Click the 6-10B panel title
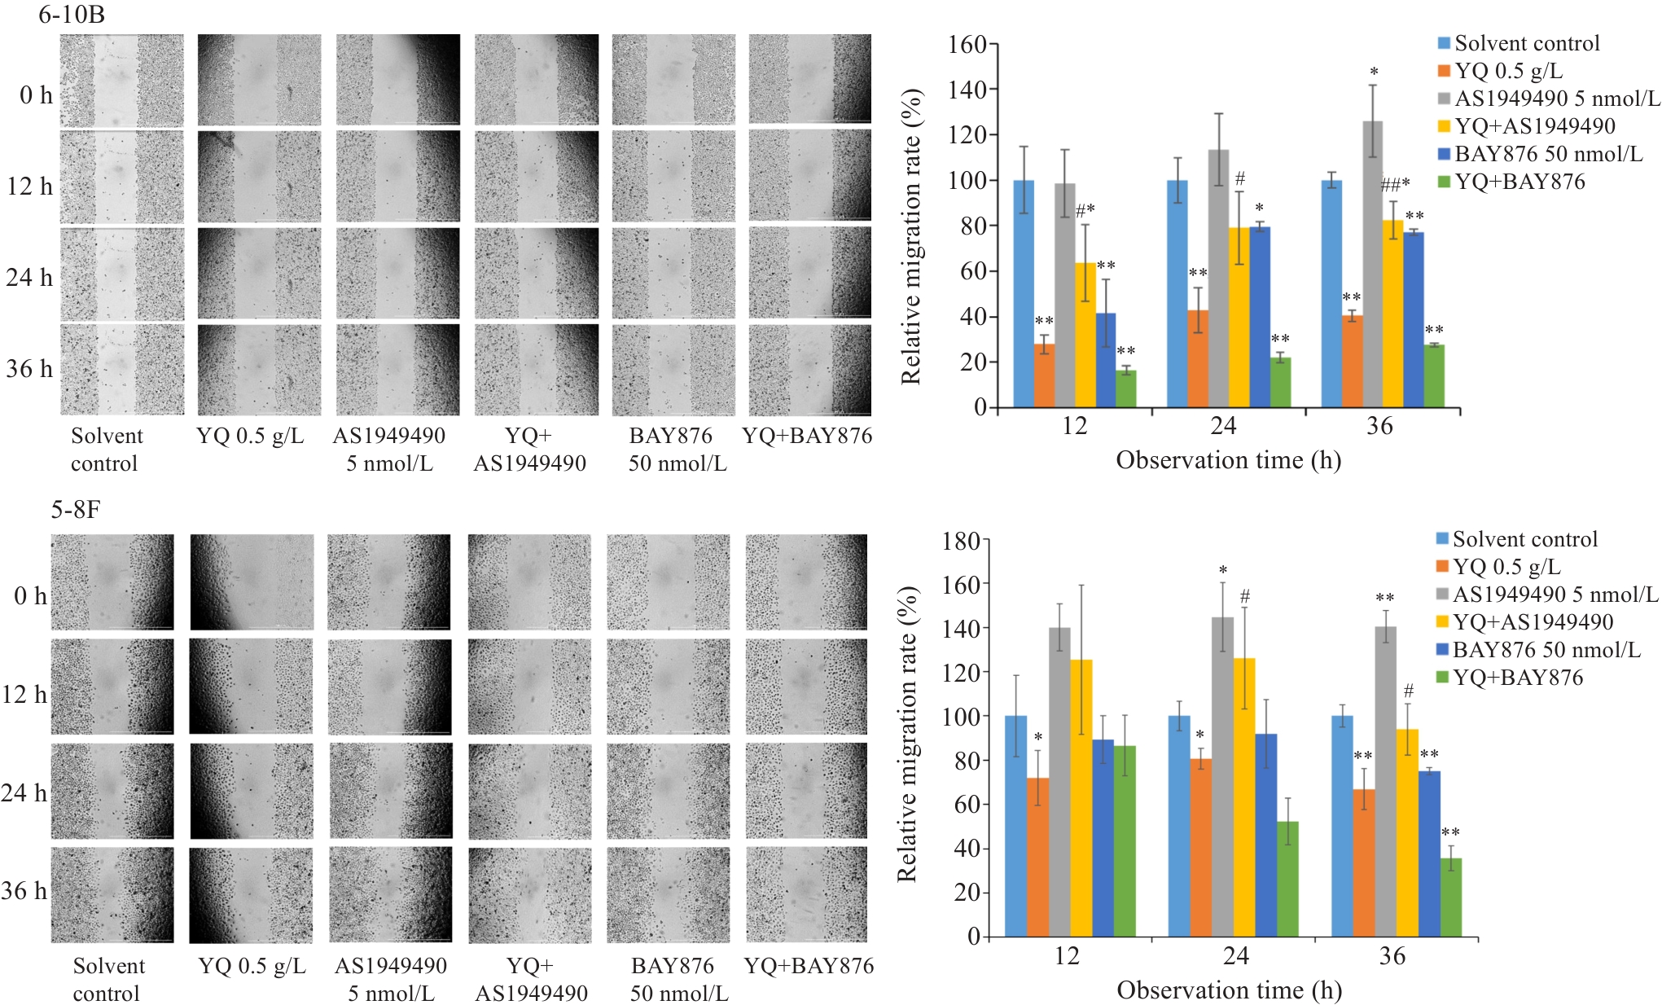point(71,15)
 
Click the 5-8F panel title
point(76,510)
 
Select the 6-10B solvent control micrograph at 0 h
point(122,80)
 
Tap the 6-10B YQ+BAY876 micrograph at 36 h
point(809,370)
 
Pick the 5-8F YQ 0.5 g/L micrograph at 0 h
point(252,581)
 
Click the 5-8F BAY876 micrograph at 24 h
point(668,791)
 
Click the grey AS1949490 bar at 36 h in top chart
point(1372,264)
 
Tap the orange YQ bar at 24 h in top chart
point(1198,358)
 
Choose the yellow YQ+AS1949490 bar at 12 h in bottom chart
point(1081,798)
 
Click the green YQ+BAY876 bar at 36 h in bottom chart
point(1451,897)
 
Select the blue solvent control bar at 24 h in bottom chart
point(1179,826)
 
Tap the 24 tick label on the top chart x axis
point(1223,425)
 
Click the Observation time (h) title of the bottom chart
point(1229,990)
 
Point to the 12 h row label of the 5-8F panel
point(24,694)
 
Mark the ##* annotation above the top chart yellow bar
point(1395,186)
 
